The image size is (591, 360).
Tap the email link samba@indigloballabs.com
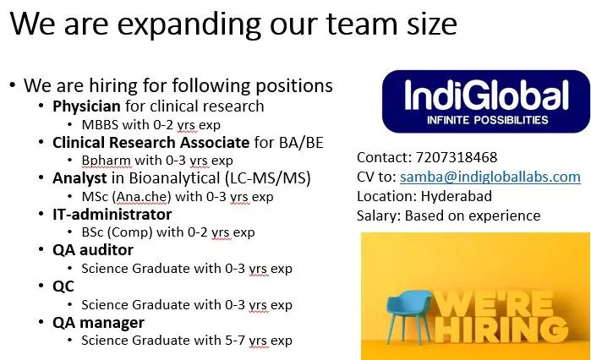490,177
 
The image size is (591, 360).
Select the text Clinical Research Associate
150,142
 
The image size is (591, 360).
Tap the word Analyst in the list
79,178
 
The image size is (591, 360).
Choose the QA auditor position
93,250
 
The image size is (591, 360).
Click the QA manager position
98,322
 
